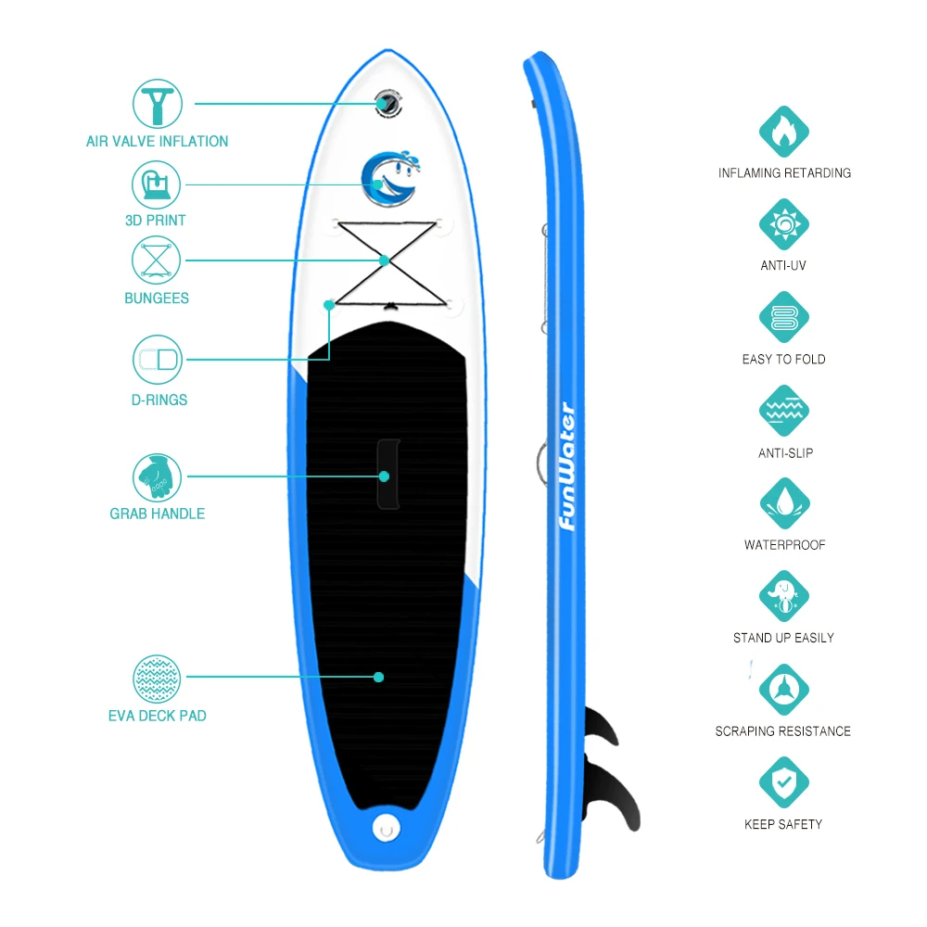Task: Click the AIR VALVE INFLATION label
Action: pyautogui.click(x=157, y=141)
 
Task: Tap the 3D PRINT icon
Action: pyautogui.click(x=156, y=184)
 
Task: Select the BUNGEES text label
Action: pyautogui.click(x=157, y=298)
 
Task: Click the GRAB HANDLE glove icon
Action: pyautogui.click(x=156, y=476)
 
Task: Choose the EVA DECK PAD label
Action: pyautogui.click(x=157, y=716)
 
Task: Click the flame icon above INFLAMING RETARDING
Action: pyautogui.click(x=784, y=131)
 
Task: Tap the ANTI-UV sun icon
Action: pyautogui.click(x=784, y=224)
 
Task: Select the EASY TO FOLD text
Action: pyautogui.click(x=784, y=359)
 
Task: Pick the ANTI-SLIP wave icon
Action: pyautogui.click(x=784, y=411)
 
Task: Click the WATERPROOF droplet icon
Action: pyautogui.click(x=784, y=503)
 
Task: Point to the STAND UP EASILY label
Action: pyautogui.click(x=784, y=638)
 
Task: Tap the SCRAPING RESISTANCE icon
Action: pyautogui.click(x=784, y=690)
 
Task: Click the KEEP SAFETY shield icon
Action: pyautogui.click(x=784, y=782)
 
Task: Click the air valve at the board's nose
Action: pyautogui.click(x=387, y=104)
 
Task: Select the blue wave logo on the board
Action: pyautogui.click(x=387, y=180)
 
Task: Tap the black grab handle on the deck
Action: pyautogui.click(x=387, y=474)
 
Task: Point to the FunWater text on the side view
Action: pyautogui.click(x=567, y=467)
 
